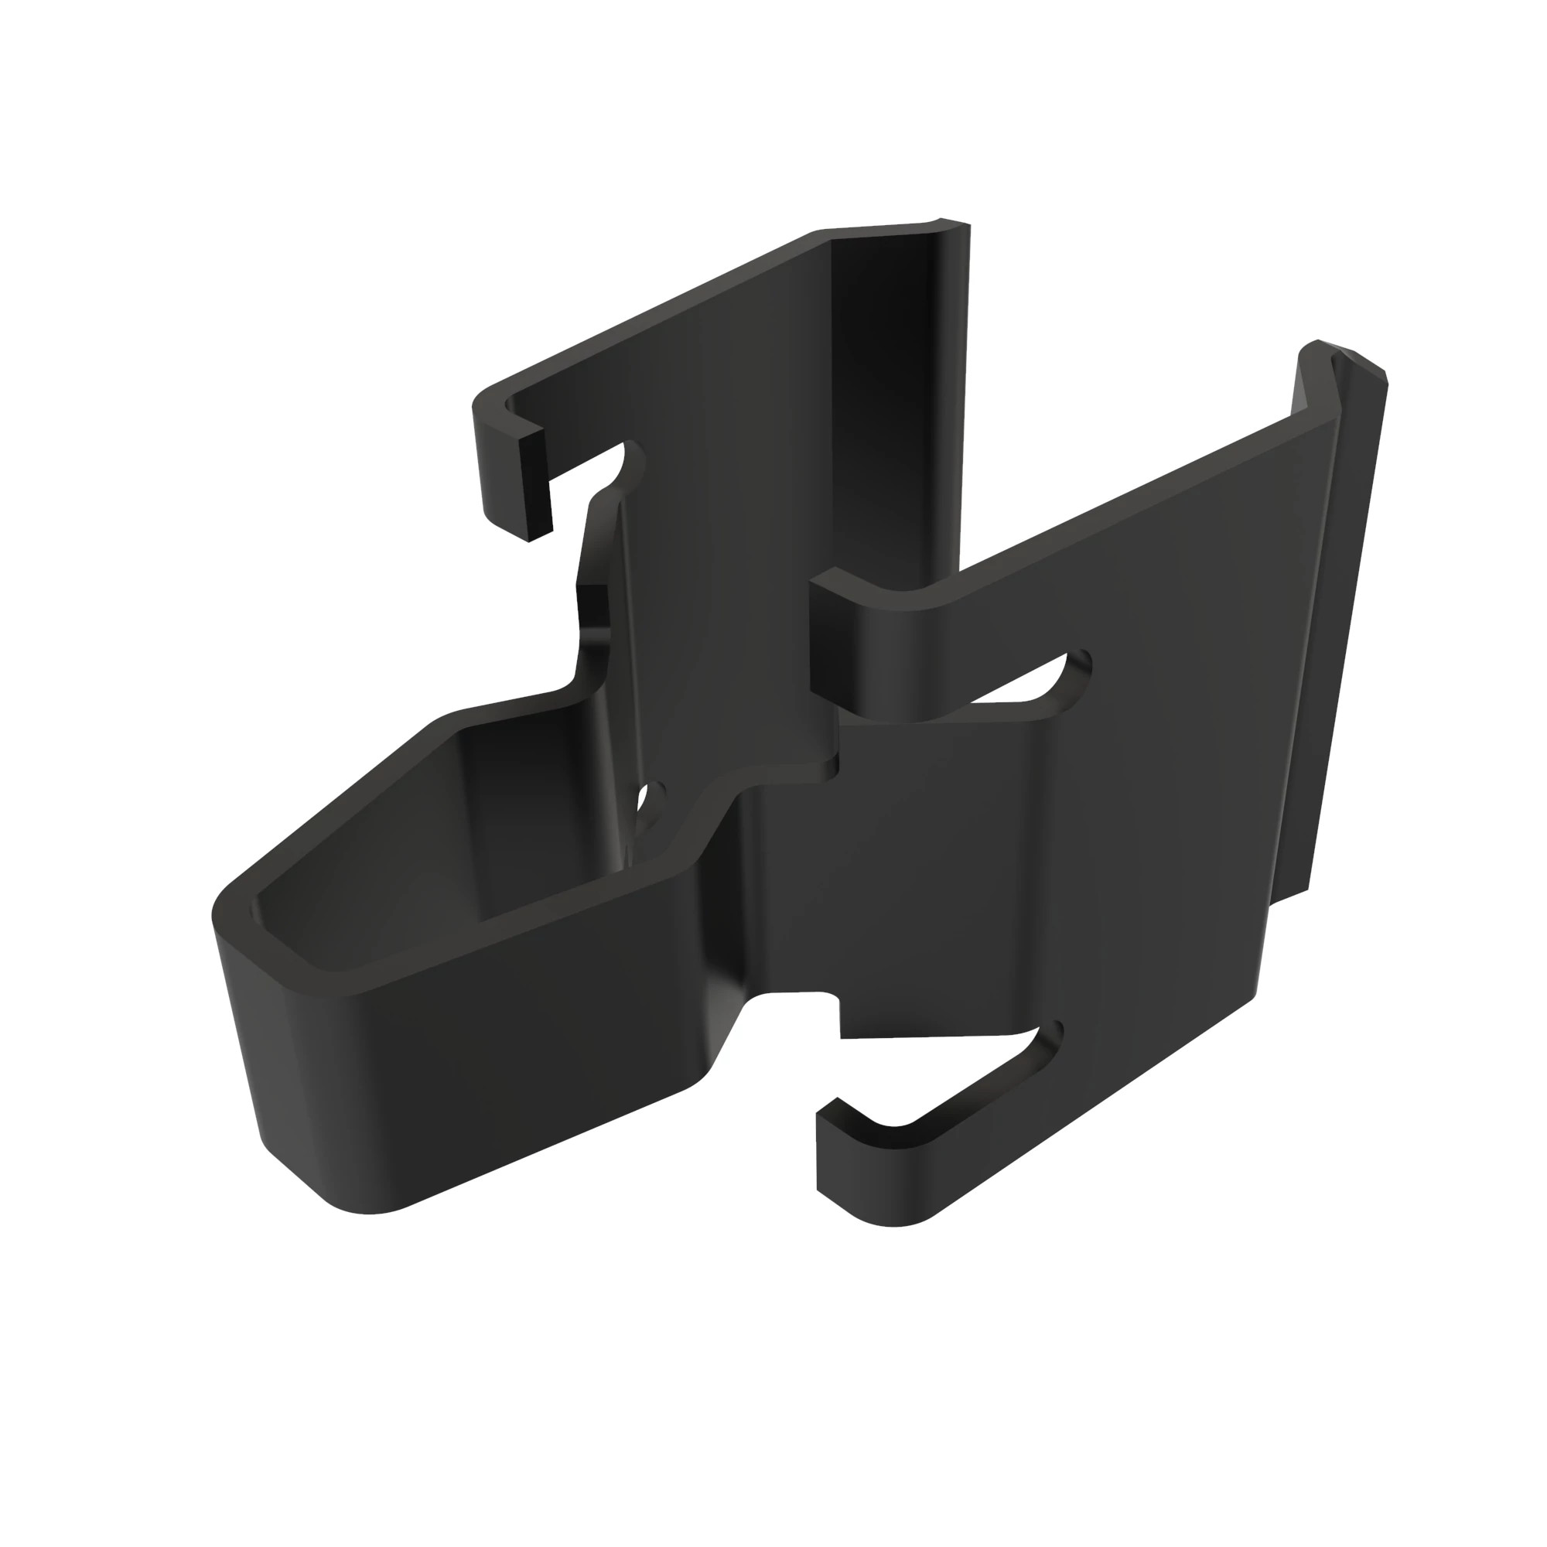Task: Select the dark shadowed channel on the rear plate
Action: pyautogui.click(x=896, y=401)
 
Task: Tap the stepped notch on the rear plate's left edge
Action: pyautogui.click(x=593, y=624)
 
